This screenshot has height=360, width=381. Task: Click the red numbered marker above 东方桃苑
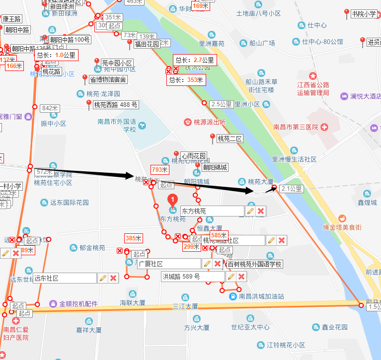[x=173, y=200]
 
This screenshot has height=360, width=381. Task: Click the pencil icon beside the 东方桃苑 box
[x=250, y=212]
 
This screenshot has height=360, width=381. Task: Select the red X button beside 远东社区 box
[x=113, y=278]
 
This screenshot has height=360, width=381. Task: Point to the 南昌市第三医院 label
[x=296, y=127]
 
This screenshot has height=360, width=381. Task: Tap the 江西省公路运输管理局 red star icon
[x=312, y=76]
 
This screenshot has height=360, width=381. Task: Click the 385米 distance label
[x=133, y=238]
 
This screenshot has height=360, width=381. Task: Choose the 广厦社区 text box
[x=169, y=264]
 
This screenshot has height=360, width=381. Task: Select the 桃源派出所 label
[x=209, y=122]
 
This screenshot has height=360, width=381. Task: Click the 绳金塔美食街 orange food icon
[x=342, y=218]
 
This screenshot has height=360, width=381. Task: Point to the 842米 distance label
[x=50, y=108]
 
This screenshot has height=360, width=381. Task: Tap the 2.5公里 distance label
[x=222, y=104]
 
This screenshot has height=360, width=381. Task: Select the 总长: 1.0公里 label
[x=56, y=55]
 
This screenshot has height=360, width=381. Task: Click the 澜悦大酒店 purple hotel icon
[x=344, y=96]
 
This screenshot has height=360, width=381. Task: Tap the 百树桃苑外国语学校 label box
[x=255, y=264]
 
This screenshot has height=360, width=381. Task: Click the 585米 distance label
[x=219, y=235]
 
